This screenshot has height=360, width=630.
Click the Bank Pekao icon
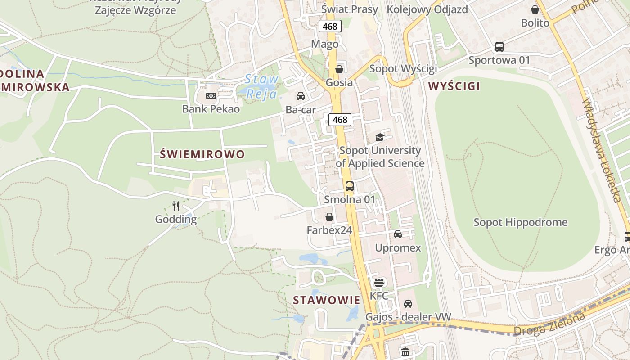click(x=211, y=96)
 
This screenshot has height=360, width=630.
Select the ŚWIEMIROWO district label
click(x=202, y=154)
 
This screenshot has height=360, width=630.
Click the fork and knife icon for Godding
click(x=176, y=206)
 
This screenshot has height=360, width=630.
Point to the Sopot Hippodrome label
click(x=521, y=222)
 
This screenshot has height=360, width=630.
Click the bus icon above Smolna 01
click(x=349, y=186)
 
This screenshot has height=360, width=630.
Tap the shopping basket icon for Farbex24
click(x=329, y=217)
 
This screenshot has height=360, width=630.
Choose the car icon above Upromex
click(x=398, y=234)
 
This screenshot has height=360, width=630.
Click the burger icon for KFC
click(x=379, y=282)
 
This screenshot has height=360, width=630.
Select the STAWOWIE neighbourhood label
click(x=327, y=300)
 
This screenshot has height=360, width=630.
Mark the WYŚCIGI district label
click(x=454, y=86)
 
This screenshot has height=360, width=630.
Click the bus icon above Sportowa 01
click(x=499, y=46)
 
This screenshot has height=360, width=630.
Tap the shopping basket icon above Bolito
click(x=535, y=9)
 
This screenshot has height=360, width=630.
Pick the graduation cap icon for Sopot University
click(x=380, y=137)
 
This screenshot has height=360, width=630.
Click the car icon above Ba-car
click(x=301, y=96)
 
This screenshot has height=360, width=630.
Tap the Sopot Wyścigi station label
click(x=403, y=69)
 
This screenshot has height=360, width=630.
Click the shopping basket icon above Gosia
click(x=339, y=69)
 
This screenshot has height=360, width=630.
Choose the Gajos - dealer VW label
click(x=408, y=317)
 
